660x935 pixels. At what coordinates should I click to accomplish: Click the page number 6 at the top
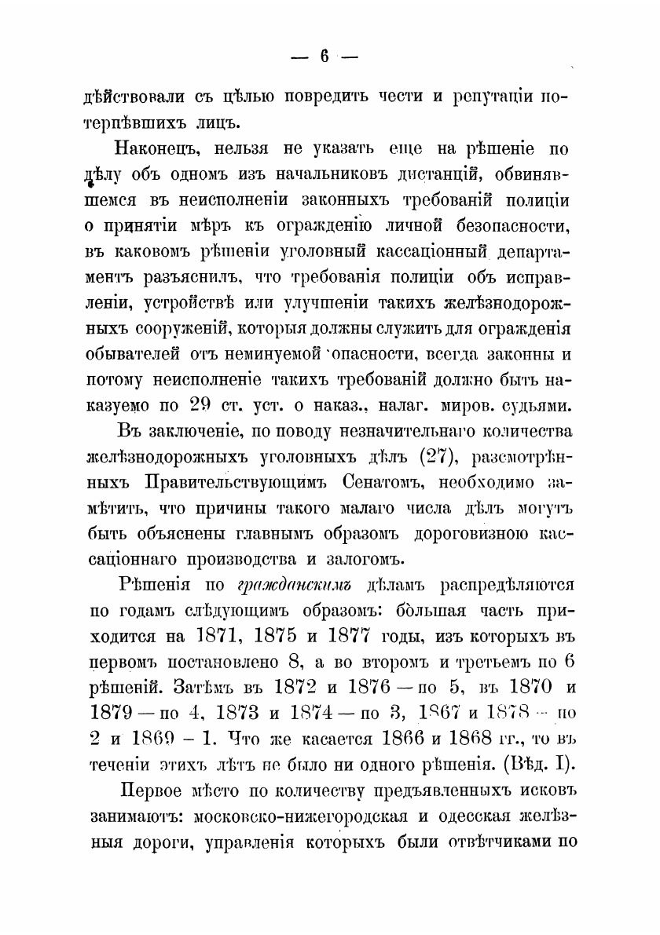point(324,57)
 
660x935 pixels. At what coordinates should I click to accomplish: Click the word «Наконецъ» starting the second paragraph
point(163,149)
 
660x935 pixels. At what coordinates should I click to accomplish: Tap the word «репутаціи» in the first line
point(495,97)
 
